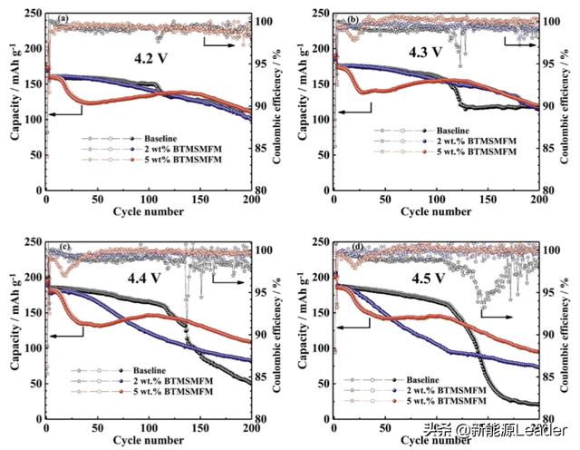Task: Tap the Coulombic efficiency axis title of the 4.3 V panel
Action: (x=569, y=98)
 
